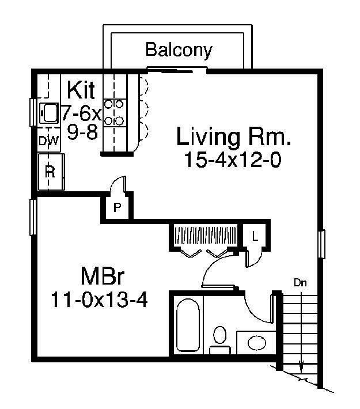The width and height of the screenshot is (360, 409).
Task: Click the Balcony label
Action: pyautogui.click(x=179, y=50)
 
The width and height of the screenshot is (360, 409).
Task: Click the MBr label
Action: pyautogui.click(x=98, y=275)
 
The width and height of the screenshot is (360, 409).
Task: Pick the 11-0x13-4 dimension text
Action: pyautogui.click(x=97, y=299)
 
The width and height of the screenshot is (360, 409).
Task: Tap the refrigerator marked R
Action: pyautogui.click(x=50, y=171)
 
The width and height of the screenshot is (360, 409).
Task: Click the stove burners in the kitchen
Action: pyautogui.click(x=116, y=112)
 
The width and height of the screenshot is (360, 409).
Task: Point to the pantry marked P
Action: pyautogui.click(x=117, y=208)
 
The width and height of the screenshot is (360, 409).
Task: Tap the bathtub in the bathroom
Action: pyautogui.click(x=188, y=326)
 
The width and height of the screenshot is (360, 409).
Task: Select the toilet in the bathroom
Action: pyautogui.click(x=219, y=338)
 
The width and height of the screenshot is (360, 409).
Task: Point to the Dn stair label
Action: pyautogui.click(x=300, y=283)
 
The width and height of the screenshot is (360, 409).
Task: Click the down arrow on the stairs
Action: pyautogui.click(x=300, y=366)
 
